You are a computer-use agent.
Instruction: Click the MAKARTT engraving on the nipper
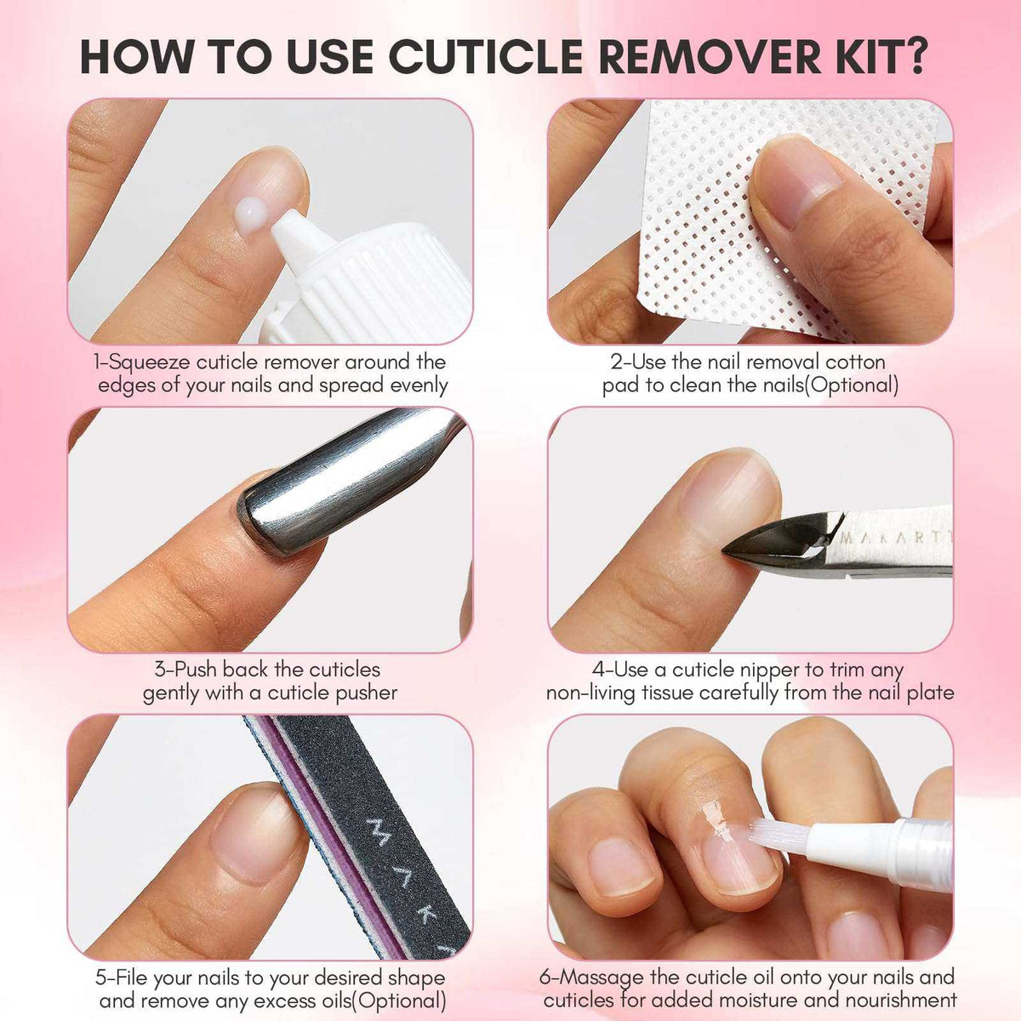893,538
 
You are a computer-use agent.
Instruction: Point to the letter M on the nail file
376,827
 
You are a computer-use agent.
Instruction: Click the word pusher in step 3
364,693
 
